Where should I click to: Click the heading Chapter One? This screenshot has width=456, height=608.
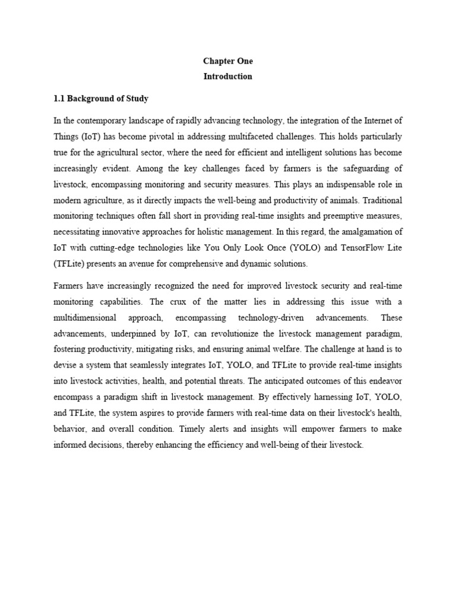point(228,61)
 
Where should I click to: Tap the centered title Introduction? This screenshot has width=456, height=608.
point(228,76)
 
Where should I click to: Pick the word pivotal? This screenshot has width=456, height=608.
point(170,136)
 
